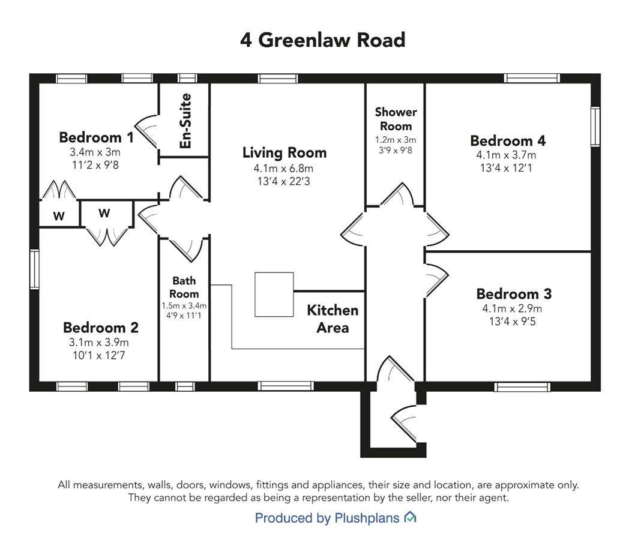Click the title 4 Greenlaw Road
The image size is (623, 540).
(323, 40)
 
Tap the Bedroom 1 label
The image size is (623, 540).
(96, 137)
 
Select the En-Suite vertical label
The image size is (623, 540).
(185, 121)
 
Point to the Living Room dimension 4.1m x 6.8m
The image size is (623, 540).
(283, 169)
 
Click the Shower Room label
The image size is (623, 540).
(396, 119)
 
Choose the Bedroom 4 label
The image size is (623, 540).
(507, 140)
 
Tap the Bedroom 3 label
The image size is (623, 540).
(514, 294)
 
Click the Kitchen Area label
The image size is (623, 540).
(333, 319)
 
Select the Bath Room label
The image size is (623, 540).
(184, 287)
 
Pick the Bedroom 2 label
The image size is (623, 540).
(100, 328)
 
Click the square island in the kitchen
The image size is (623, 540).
(274, 294)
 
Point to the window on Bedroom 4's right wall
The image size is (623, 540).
(595, 127)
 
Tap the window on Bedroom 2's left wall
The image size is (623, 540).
(35, 269)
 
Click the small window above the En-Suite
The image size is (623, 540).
(187, 78)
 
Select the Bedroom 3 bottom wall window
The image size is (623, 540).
(523, 386)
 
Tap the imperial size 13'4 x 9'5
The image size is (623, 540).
(512, 321)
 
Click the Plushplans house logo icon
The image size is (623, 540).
(410, 517)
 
